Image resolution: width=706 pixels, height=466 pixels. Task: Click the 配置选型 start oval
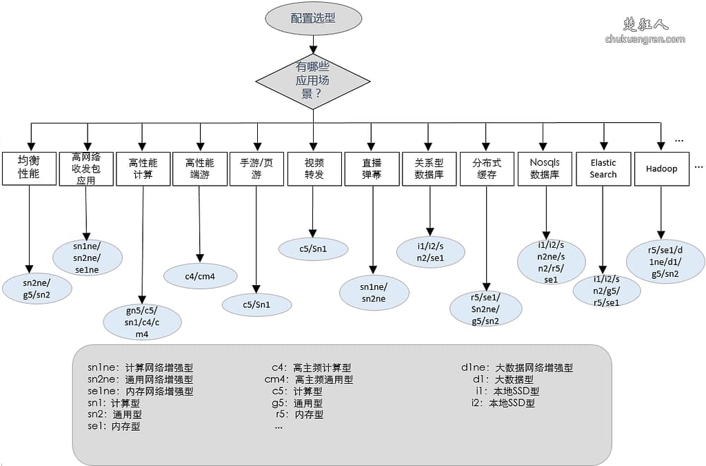pos(313,19)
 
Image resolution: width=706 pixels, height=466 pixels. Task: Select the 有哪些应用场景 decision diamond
pos(313,81)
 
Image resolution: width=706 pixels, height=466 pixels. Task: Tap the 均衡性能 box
pos(29,168)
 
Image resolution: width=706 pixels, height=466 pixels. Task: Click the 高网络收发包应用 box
pos(86,168)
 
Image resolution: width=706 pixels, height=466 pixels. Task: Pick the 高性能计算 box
pos(143,168)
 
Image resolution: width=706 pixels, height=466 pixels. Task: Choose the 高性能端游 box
pos(200,168)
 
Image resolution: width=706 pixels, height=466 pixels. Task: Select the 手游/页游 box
pos(256,168)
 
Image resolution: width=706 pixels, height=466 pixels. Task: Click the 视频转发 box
pos(314,168)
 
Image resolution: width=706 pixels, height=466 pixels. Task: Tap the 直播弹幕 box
pos(372,168)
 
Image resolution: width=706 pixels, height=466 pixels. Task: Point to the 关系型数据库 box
pos(430,168)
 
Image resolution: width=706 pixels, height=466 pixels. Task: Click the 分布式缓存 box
pos(487,168)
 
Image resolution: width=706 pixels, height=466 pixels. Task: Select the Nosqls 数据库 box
pos(545,168)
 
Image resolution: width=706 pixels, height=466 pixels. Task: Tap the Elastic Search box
pos(603,168)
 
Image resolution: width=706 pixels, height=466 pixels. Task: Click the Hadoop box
pos(661,168)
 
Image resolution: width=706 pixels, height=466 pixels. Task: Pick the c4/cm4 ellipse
pos(200,276)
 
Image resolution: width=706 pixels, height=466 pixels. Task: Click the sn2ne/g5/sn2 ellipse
pos(37,288)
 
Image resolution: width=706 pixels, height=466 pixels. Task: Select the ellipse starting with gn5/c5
pos(142,322)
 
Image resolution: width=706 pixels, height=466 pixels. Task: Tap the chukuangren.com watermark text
pos(645,39)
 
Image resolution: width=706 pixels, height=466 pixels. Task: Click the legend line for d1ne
pos(517,368)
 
